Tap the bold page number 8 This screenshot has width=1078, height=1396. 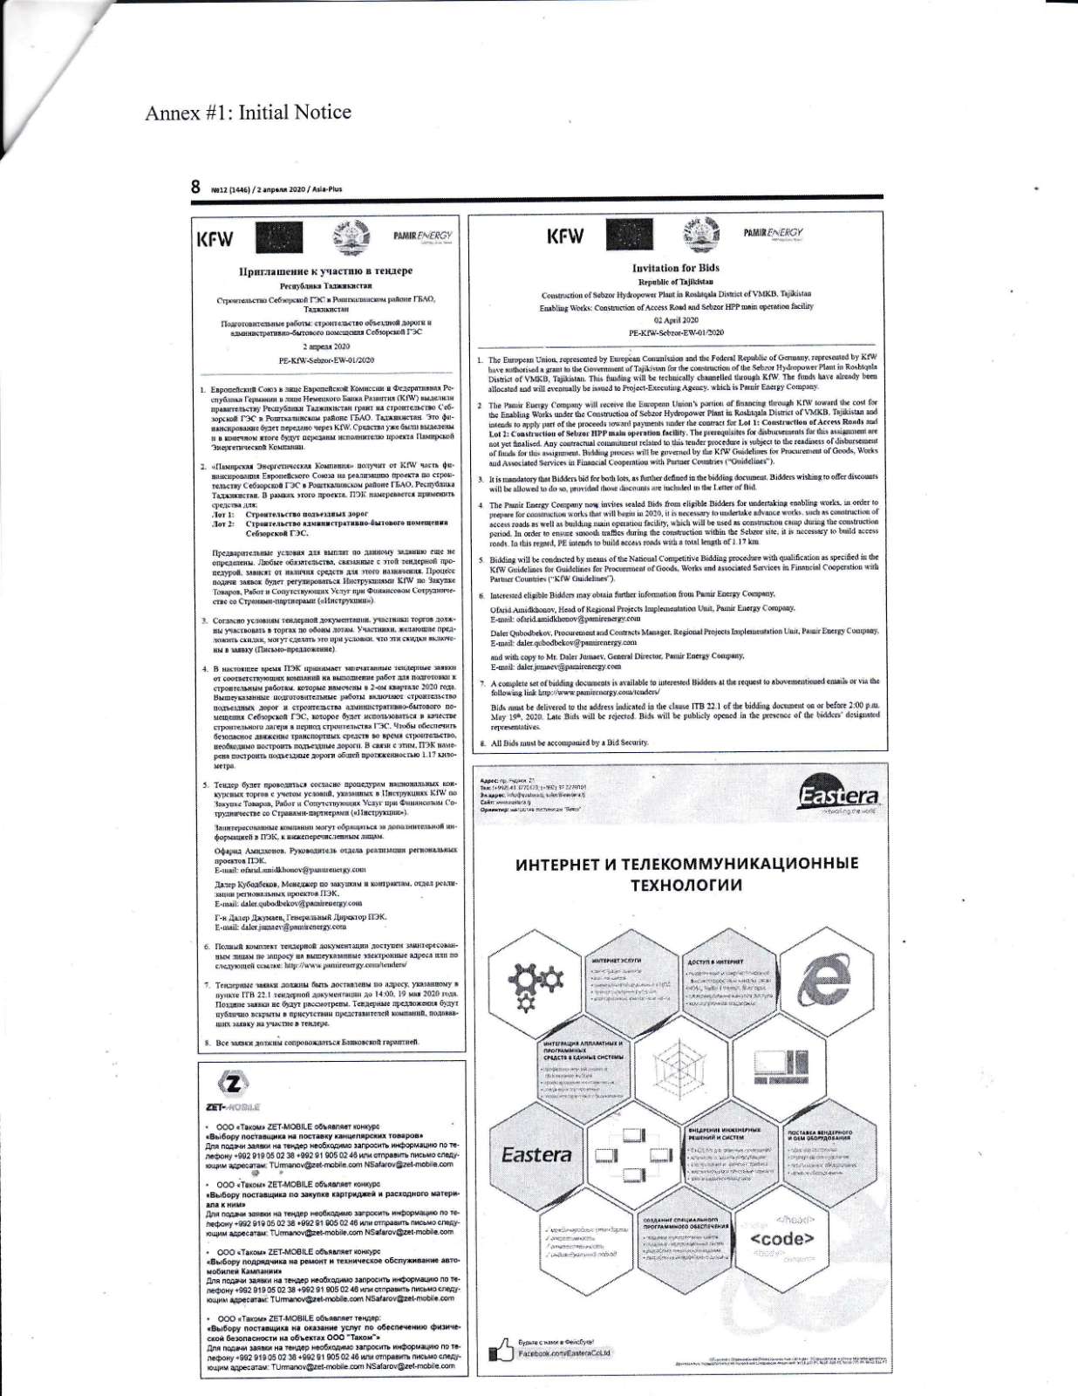point(196,187)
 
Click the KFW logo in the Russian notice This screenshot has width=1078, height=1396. point(220,238)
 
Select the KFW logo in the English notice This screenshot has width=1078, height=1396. point(564,236)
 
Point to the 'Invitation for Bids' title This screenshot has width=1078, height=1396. point(676,268)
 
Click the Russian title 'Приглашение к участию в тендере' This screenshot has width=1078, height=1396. point(326,271)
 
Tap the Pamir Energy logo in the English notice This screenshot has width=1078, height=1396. point(773,233)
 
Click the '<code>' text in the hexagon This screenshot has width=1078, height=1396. point(782,1239)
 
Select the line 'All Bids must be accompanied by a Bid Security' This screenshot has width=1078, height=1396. point(570,742)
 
